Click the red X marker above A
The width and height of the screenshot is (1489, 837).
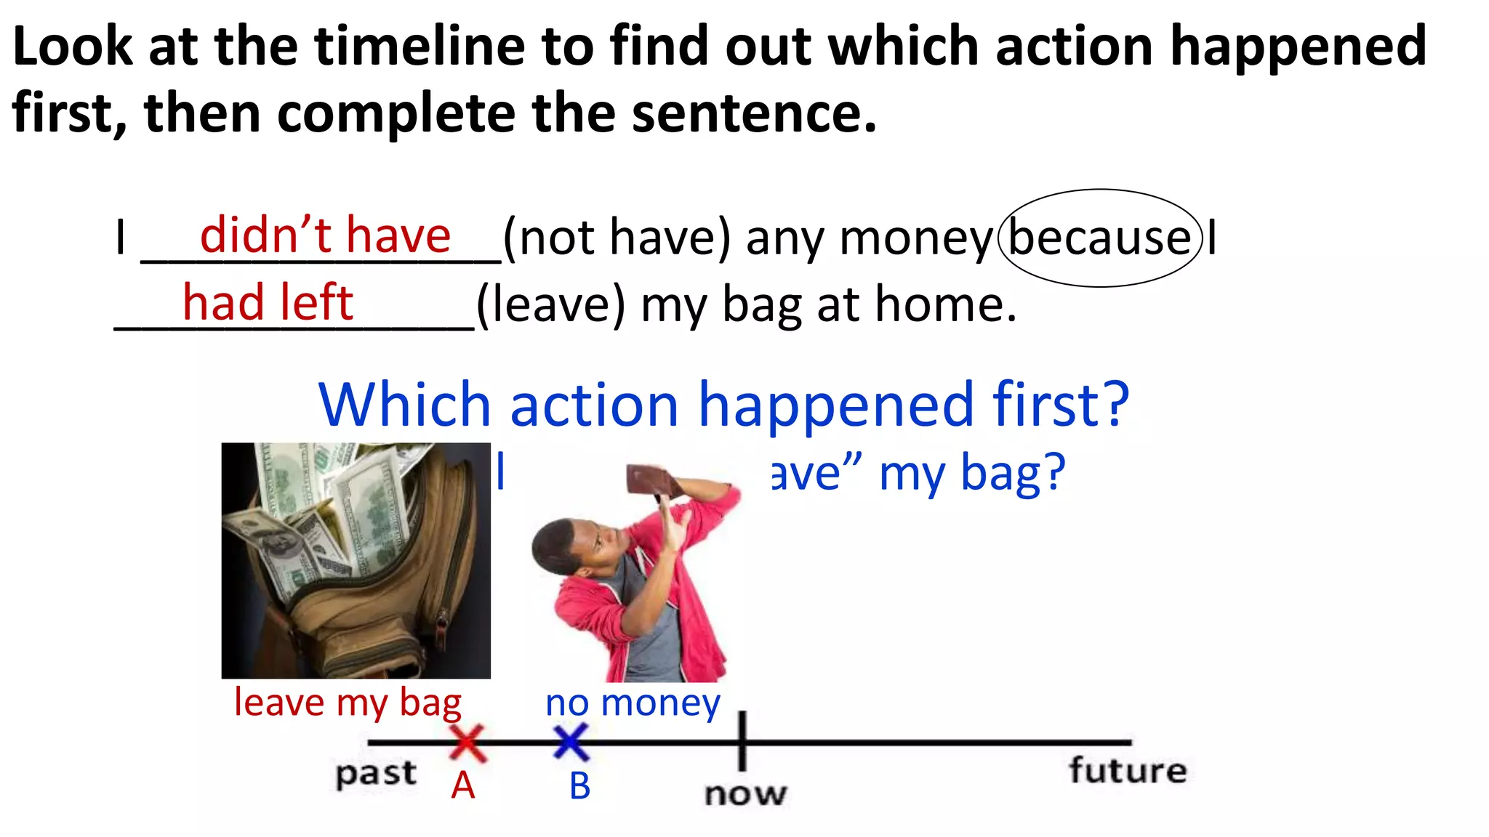point(467,743)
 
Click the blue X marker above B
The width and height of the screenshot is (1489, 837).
point(571,743)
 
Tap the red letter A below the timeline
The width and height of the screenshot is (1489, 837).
point(463,785)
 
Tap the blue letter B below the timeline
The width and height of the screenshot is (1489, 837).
point(579,785)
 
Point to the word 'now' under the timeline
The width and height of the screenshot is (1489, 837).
point(745,793)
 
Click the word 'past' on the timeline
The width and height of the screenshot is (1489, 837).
point(376,774)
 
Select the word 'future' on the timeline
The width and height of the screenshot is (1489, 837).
point(1128,770)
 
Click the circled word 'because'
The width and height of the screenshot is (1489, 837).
point(1100,238)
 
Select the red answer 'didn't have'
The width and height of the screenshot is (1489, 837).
point(325,235)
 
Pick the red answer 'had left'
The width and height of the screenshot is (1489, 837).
point(268,302)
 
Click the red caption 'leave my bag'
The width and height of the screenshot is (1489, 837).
point(348,703)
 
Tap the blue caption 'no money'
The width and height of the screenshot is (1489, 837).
point(633,703)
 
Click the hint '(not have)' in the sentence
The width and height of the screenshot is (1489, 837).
point(617,238)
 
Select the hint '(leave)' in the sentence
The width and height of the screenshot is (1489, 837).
point(550,305)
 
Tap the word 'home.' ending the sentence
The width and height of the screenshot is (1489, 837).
point(945,305)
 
